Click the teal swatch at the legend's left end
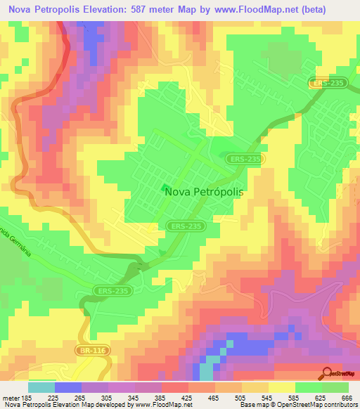click(x=41, y=387)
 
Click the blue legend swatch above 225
click(x=68, y=387)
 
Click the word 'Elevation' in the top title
click(x=109, y=8)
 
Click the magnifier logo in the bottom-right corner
click(x=327, y=373)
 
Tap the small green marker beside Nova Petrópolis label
click(x=165, y=188)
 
